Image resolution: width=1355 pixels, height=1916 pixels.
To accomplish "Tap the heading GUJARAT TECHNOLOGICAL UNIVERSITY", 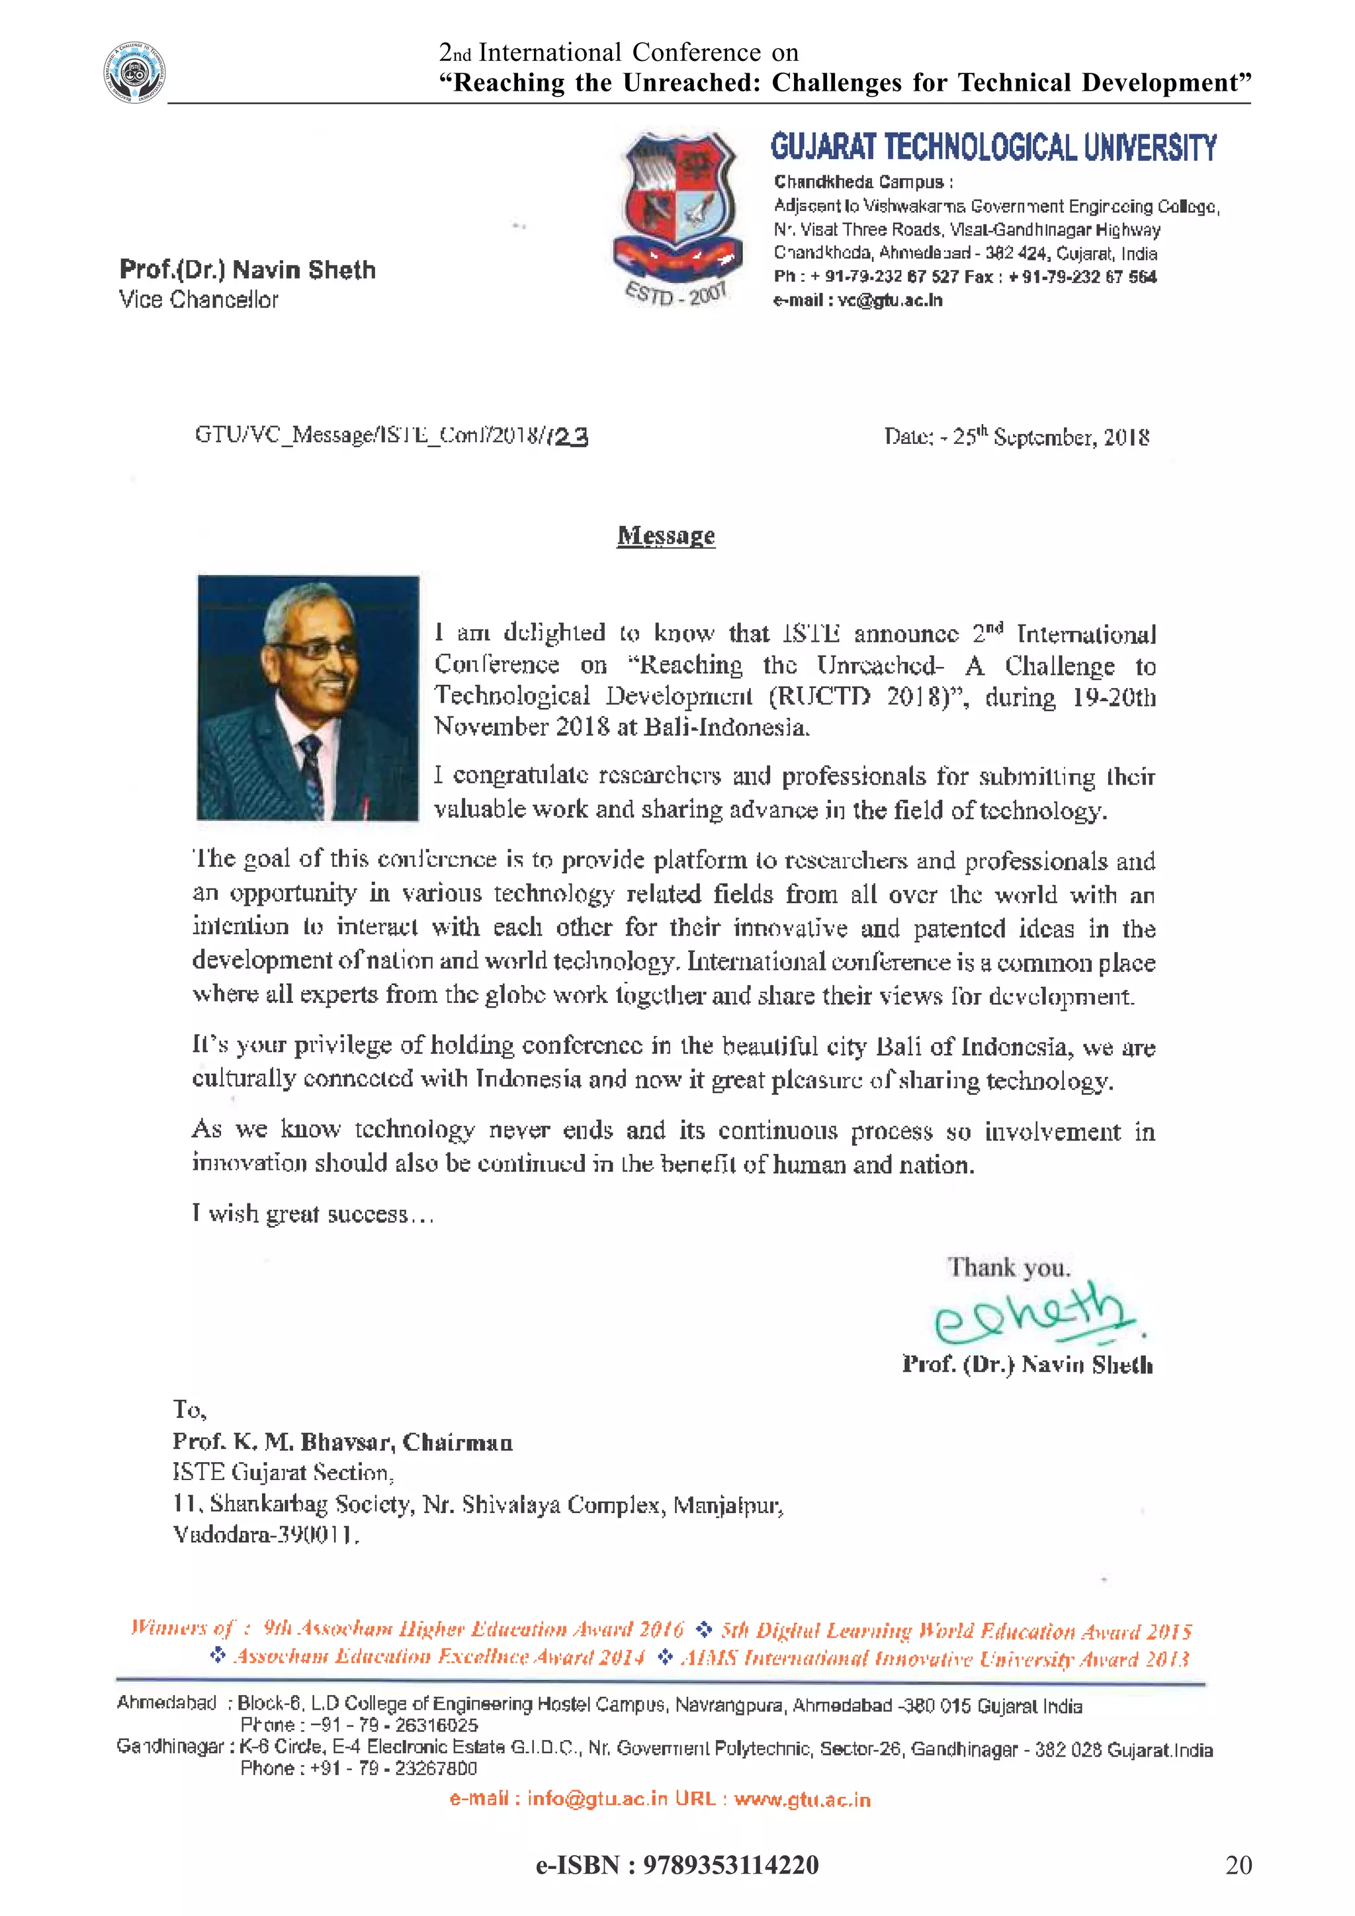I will click(993, 148).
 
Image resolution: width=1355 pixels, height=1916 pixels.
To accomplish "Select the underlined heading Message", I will click(666, 536).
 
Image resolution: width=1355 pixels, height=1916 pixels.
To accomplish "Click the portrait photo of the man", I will click(308, 697).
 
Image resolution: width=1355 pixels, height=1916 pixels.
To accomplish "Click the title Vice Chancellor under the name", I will click(198, 300).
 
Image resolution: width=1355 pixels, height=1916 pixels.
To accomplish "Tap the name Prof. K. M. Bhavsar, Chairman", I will click(342, 1442).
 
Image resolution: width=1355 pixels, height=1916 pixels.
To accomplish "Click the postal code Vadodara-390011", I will click(265, 1534).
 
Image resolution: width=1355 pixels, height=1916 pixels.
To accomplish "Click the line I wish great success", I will click(312, 1214).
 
